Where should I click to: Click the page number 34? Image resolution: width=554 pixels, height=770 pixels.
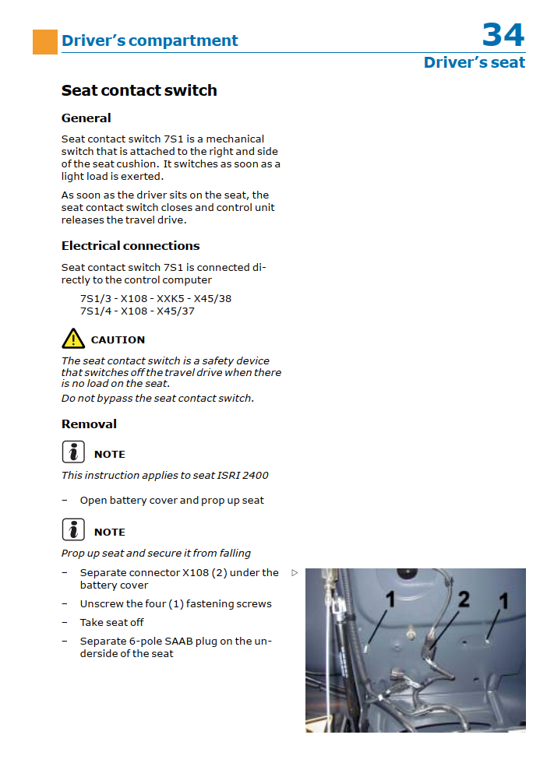pos(503,34)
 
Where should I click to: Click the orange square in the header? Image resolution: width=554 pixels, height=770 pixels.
pos(45,42)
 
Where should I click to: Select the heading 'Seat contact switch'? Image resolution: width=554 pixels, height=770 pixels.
pos(139,90)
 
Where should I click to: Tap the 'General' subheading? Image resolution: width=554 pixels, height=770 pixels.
pos(86,118)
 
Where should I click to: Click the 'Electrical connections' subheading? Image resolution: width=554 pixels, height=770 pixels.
pos(131,246)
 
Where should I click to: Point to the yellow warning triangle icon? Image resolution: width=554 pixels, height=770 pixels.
pos(73,339)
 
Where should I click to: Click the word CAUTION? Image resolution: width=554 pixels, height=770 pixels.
pos(118,340)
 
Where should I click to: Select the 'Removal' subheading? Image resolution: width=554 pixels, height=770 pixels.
pos(89,424)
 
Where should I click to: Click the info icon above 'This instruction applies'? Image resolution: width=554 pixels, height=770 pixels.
pos(73,452)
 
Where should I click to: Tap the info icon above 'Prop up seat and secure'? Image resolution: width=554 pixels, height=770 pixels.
pos(73,530)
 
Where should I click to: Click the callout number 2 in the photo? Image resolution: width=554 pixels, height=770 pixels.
pos(464,599)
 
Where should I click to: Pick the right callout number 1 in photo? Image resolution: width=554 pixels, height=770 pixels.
pos(503,601)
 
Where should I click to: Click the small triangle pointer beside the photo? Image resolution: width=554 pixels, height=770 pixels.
pos(295,573)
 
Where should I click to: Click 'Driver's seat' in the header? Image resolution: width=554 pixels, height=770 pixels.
pos(474,63)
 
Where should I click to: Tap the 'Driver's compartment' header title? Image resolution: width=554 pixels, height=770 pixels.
pos(150,40)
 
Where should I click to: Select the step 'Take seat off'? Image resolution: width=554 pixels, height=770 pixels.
pos(111,623)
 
